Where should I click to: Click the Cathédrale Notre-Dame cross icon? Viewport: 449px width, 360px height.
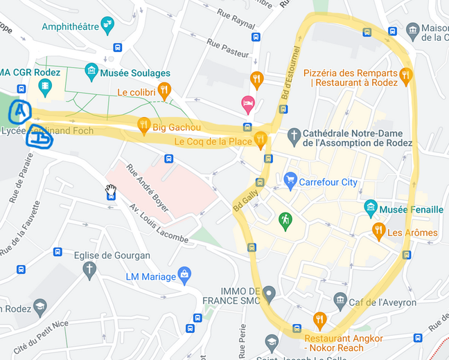[294, 134]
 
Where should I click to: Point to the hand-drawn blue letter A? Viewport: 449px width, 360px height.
[20, 109]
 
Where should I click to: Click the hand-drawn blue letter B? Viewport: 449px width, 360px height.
[39, 138]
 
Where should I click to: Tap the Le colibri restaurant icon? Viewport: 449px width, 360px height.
[164, 89]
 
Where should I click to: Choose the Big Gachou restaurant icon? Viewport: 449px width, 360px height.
[144, 125]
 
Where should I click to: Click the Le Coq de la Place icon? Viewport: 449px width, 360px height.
[261, 139]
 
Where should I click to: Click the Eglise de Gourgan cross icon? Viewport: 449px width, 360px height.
[89, 269]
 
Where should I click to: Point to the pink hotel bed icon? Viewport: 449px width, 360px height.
[247, 104]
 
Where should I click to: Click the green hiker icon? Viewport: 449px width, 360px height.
[285, 220]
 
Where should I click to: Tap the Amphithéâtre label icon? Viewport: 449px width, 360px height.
[107, 26]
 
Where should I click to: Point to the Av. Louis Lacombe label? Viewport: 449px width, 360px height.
[159, 223]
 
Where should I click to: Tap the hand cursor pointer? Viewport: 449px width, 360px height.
[110, 190]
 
